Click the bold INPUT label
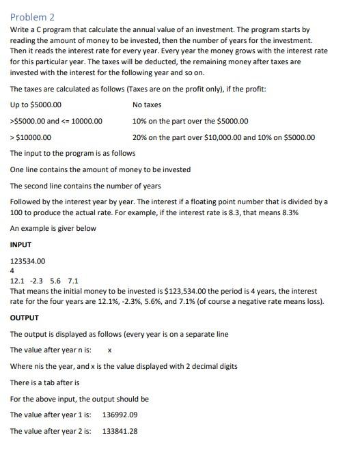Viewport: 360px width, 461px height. (x=20, y=245)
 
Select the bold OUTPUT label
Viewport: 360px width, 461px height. (x=25, y=318)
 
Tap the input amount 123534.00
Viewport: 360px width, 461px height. (x=28, y=261)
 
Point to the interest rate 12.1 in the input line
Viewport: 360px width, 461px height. (x=16, y=281)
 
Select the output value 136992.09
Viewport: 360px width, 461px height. (x=120, y=415)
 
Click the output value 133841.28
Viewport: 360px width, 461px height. (x=120, y=431)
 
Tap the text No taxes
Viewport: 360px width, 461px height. (x=147, y=104)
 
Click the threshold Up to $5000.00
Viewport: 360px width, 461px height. (x=36, y=104)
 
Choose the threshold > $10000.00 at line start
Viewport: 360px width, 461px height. (x=31, y=137)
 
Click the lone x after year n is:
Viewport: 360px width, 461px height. (x=111, y=350)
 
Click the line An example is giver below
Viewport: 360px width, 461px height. (x=53, y=228)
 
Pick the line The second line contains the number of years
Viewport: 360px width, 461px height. (x=85, y=186)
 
